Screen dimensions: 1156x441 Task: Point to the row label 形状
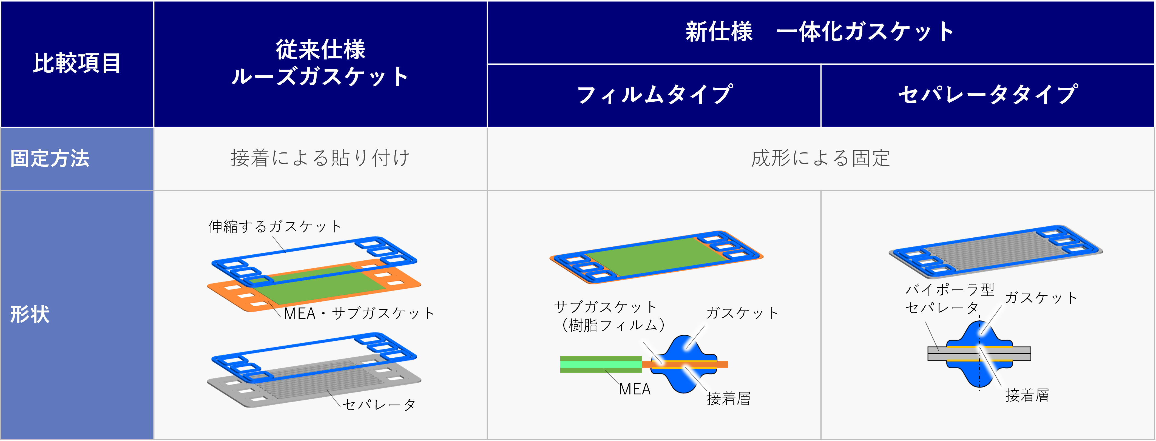point(30,314)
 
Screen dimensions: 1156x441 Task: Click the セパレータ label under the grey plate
point(379,405)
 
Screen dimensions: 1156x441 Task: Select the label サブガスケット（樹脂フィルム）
point(610,316)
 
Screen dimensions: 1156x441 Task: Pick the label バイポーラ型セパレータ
point(950,298)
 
